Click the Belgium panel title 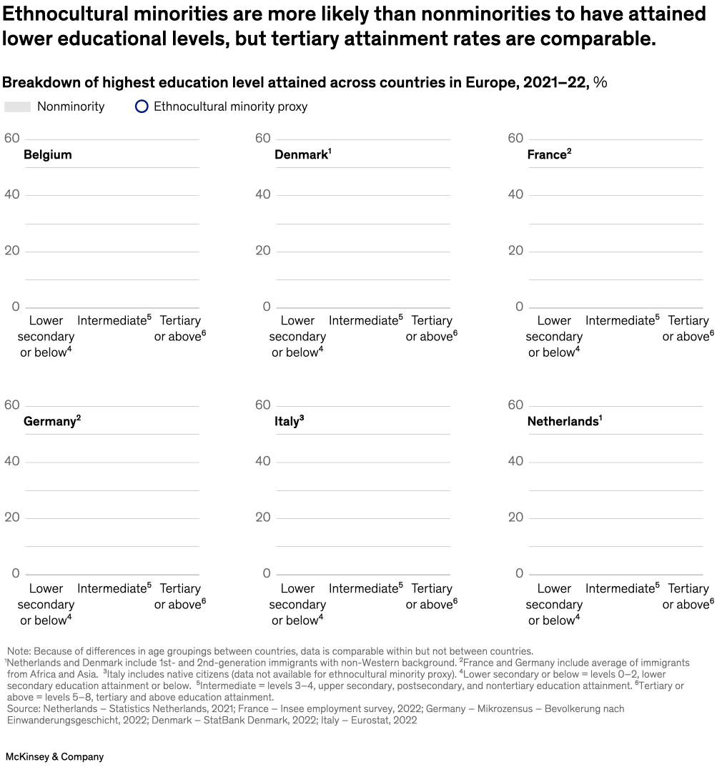(x=47, y=154)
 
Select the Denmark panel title (x=301, y=154)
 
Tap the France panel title (x=548, y=154)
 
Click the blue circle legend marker (x=142, y=107)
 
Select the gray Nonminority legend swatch (x=18, y=107)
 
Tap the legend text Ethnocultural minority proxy (x=230, y=107)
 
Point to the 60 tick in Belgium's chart (x=11, y=138)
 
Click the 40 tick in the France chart (x=515, y=194)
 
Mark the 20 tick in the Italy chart (x=263, y=518)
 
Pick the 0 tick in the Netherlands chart (x=520, y=573)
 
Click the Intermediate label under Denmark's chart (x=363, y=320)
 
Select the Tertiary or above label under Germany (x=179, y=596)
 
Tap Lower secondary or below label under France (x=554, y=336)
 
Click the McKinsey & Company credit (x=54, y=756)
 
